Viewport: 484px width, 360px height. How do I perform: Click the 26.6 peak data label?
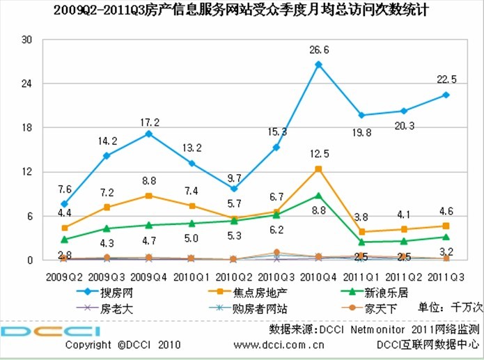tap(318, 49)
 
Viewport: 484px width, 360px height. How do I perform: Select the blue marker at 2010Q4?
tap(318, 65)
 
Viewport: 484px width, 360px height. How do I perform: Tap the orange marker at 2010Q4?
tap(318, 169)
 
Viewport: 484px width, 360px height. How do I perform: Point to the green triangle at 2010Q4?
tap(318, 196)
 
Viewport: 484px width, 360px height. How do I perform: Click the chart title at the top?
tap(240, 10)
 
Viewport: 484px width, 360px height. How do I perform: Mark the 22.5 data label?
tap(446, 79)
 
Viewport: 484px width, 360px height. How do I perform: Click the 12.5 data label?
tap(318, 153)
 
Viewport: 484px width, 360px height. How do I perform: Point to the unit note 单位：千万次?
tap(445, 308)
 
